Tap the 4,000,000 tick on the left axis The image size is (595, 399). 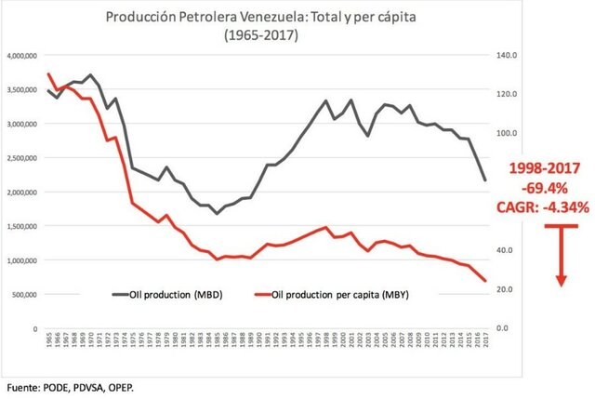coord(23,56)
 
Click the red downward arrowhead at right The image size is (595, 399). coord(562,279)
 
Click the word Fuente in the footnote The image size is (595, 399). coord(23,384)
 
